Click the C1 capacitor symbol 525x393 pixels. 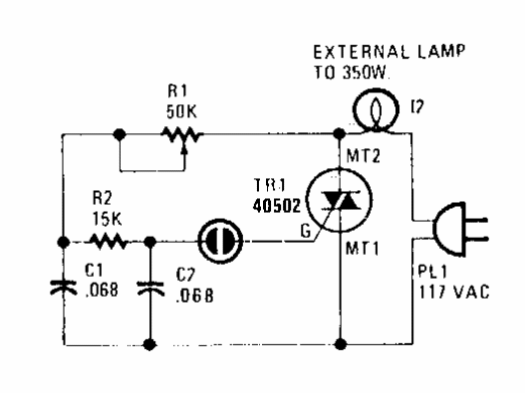click(x=62, y=288)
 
